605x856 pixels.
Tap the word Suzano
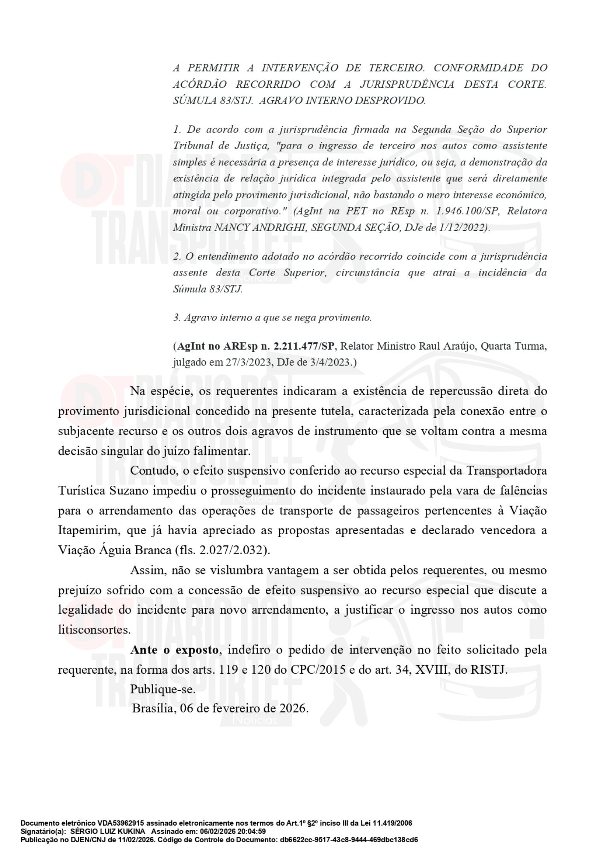tap(129, 490)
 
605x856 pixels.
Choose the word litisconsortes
tap(94, 630)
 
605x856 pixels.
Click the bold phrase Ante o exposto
tap(175, 650)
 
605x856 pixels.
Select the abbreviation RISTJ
tap(488, 669)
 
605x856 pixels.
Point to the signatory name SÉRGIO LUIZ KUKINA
tap(107, 831)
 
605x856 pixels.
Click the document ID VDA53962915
tap(121, 823)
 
